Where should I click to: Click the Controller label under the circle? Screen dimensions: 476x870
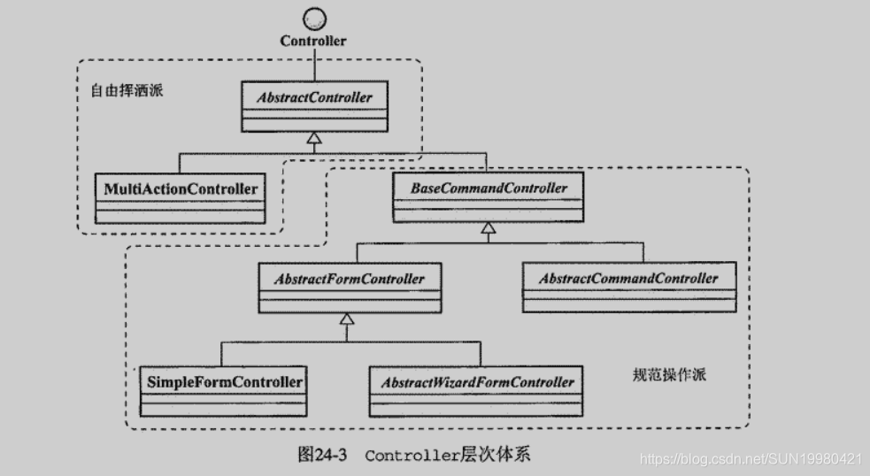(x=313, y=41)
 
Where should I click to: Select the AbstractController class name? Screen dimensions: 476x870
(x=315, y=97)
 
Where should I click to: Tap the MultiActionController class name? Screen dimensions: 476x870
(x=181, y=188)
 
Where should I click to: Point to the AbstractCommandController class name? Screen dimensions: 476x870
(x=628, y=278)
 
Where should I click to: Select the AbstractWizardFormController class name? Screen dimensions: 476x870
(x=478, y=382)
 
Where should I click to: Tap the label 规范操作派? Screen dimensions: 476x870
(x=665, y=375)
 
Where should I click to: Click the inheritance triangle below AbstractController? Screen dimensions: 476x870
(x=314, y=136)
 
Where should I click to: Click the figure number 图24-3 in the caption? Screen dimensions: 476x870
(x=325, y=456)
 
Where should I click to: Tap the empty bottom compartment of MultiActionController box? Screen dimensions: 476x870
(x=181, y=215)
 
